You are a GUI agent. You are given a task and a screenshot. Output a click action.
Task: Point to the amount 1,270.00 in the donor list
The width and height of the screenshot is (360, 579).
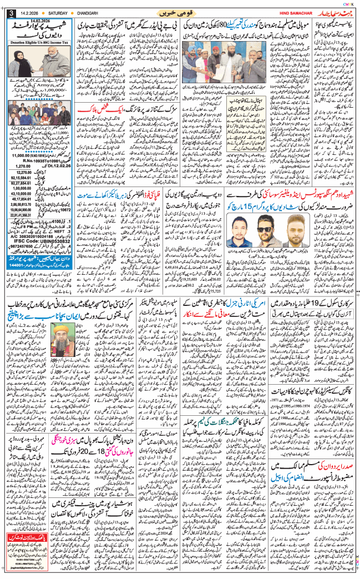pyautogui.click(x=21, y=165)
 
